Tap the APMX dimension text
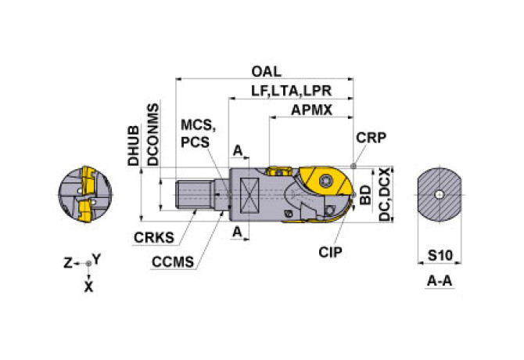(x=310, y=110)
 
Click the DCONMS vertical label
(x=153, y=134)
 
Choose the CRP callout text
(x=371, y=138)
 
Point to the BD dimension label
(x=366, y=195)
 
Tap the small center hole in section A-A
(x=440, y=194)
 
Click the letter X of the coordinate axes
(x=88, y=287)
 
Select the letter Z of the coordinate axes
(x=67, y=263)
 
